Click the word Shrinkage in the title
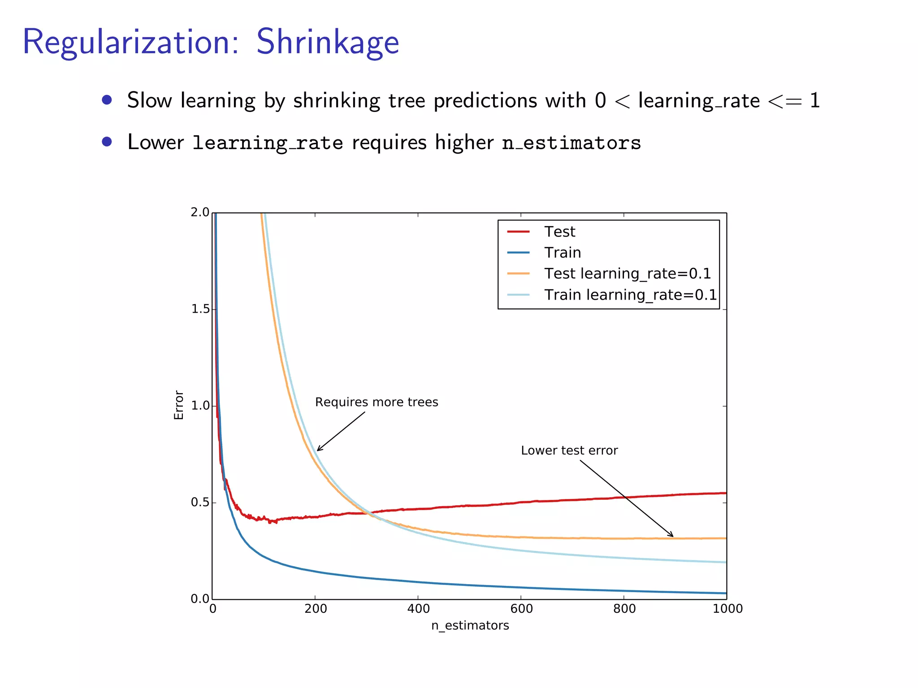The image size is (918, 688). (x=327, y=42)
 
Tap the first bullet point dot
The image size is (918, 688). (x=107, y=99)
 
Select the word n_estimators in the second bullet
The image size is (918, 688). (x=572, y=143)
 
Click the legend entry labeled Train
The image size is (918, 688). (x=562, y=253)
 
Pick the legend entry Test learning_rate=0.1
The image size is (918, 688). (x=627, y=273)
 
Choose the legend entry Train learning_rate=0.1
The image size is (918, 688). (x=630, y=295)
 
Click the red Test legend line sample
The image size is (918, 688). (x=518, y=232)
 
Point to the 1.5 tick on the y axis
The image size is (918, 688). (x=200, y=309)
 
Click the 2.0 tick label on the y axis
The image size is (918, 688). (x=200, y=212)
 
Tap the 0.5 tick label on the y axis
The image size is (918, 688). (x=200, y=503)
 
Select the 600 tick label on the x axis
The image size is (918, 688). (x=521, y=609)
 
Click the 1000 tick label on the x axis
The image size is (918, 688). (x=727, y=609)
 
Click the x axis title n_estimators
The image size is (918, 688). (x=470, y=625)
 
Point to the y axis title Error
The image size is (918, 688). (x=179, y=405)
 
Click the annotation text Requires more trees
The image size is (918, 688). (x=376, y=402)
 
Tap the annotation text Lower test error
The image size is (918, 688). (x=569, y=451)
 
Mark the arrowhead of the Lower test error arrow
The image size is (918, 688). (x=672, y=536)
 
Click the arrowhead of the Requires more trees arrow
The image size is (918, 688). (x=318, y=450)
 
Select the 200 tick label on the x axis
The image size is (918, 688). (x=316, y=609)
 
